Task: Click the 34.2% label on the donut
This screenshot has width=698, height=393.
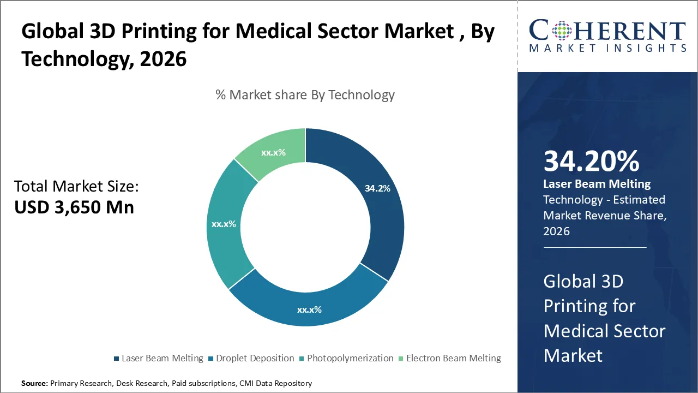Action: pos(377,189)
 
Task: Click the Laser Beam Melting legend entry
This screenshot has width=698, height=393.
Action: pos(158,359)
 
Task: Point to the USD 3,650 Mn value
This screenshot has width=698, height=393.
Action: pos(74,207)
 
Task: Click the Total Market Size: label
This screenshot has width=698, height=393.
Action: pos(76,187)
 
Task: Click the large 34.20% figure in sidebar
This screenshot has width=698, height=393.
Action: pos(591,162)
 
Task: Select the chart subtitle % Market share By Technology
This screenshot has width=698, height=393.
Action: pos(305,95)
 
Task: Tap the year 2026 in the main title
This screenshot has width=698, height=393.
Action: pos(163,58)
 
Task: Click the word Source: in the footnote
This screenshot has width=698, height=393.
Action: pos(34,384)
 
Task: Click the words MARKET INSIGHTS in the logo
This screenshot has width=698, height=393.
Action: pos(607,48)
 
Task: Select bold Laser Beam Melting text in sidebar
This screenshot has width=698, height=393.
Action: pos(597,184)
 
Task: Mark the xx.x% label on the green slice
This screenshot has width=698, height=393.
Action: pos(273,153)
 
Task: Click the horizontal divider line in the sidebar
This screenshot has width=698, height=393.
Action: pos(594,247)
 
